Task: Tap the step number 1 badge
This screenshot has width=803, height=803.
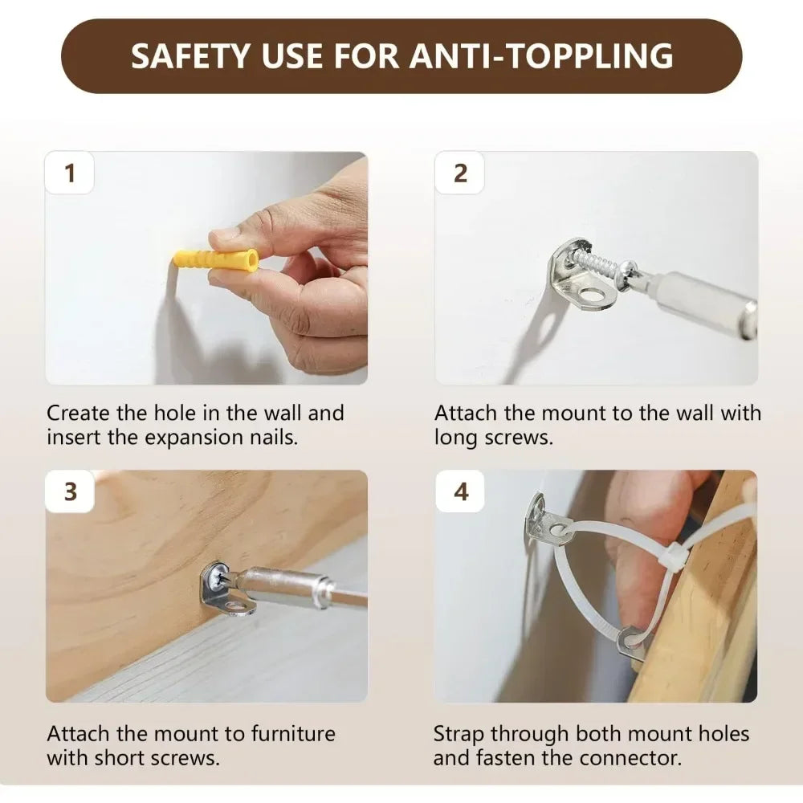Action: point(70,173)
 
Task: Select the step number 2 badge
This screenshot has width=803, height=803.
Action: point(460,173)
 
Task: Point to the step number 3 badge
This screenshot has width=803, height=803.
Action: point(70,491)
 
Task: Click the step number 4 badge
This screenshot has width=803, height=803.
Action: point(460,491)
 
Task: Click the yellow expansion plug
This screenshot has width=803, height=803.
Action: point(215,261)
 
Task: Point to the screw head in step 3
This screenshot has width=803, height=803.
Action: point(215,577)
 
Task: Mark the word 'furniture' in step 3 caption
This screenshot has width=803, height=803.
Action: point(293,734)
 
